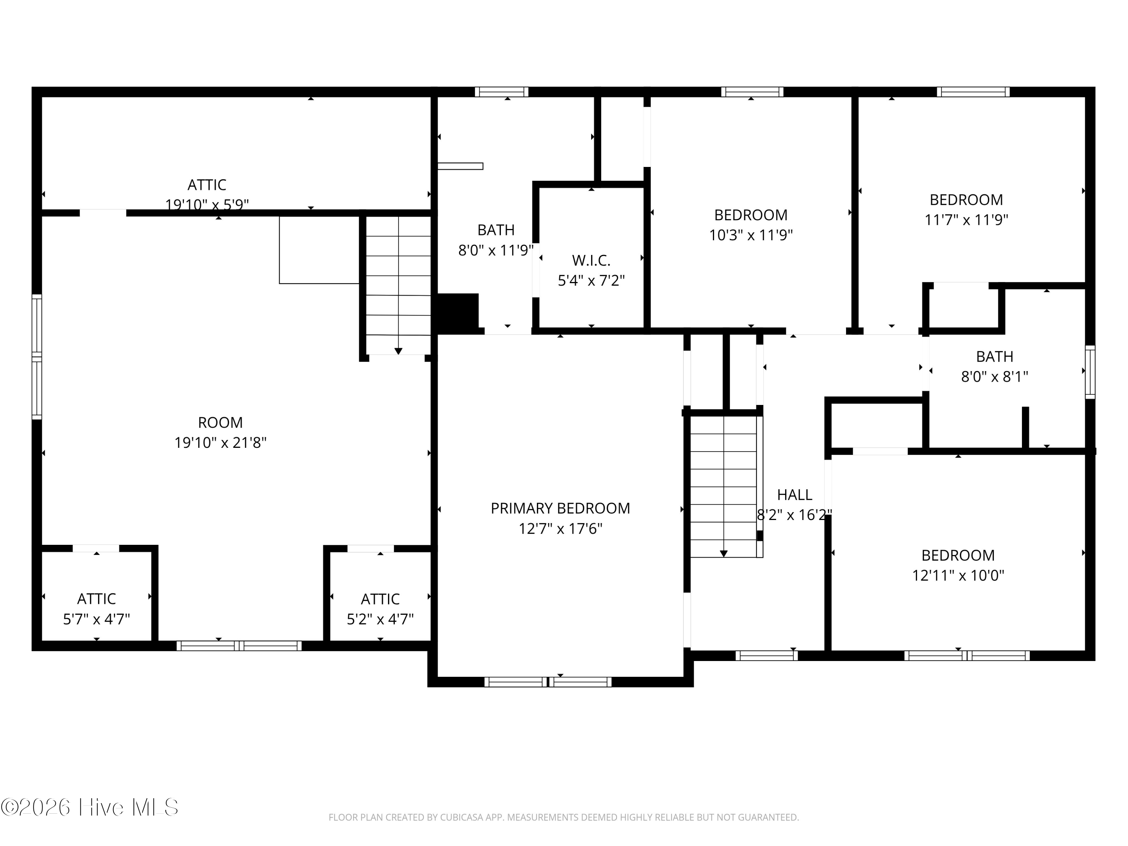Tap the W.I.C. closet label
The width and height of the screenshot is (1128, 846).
(591, 261)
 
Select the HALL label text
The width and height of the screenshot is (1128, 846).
(794, 495)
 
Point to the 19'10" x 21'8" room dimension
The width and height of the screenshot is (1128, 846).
(220, 443)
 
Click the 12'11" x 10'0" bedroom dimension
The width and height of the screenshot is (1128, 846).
(958, 576)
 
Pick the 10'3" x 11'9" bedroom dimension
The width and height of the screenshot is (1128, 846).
(750, 235)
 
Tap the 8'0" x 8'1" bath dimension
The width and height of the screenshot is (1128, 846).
(995, 377)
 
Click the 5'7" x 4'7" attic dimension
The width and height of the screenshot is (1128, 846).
(96, 619)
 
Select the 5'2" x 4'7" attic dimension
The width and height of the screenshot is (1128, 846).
(380, 619)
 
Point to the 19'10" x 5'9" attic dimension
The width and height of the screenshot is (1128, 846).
(207, 205)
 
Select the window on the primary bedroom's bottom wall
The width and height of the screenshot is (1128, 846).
(548, 682)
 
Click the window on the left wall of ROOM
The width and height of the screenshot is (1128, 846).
(37, 357)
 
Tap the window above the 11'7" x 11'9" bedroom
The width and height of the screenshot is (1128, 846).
(973, 92)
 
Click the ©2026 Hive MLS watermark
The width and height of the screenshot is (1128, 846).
(90, 807)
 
